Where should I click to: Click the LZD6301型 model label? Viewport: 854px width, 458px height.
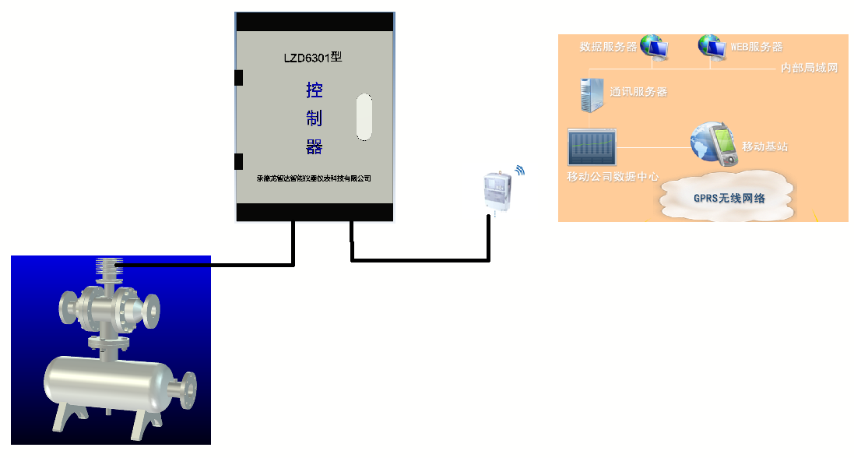[314, 57]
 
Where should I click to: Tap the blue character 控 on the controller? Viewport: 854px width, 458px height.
[315, 91]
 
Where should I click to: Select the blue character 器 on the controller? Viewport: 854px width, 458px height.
[315, 146]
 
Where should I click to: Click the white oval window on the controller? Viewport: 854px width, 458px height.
[364, 117]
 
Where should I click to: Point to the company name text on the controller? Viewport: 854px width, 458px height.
[314, 178]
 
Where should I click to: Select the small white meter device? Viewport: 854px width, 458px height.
[494, 189]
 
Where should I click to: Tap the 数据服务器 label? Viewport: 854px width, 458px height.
[608, 47]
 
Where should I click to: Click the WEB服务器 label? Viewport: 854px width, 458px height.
[756, 47]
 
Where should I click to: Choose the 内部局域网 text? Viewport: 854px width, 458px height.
[809, 69]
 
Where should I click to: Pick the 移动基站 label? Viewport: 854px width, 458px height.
[764, 146]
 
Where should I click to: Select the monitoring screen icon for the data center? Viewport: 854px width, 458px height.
[592, 146]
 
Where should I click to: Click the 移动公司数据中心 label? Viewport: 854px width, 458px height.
[613, 177]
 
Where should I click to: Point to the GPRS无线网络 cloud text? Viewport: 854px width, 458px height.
[729, 198]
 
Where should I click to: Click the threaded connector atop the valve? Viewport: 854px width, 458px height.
[108, 268]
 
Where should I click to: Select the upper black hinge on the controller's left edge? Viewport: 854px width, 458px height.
[238, 78]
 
